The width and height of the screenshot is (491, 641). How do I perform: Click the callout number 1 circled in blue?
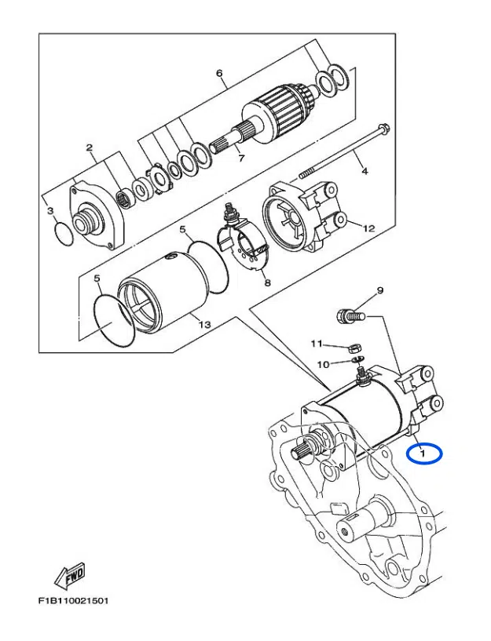[x=423, y=453]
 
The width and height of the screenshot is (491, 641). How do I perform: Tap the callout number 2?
[x=90, y=148]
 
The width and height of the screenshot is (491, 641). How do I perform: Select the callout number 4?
[x=363, y=170]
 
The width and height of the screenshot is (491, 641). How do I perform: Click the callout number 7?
[x=242, y=158]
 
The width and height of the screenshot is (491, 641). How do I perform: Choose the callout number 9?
[x=379, y=291]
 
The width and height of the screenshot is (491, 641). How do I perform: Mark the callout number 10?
[x=323, y=364]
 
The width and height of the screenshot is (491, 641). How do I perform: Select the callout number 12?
[x=369, y=228]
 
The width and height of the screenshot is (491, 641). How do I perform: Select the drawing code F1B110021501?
[x=72, y=602]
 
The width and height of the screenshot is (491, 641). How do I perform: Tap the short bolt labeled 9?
[x=346, y=317]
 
